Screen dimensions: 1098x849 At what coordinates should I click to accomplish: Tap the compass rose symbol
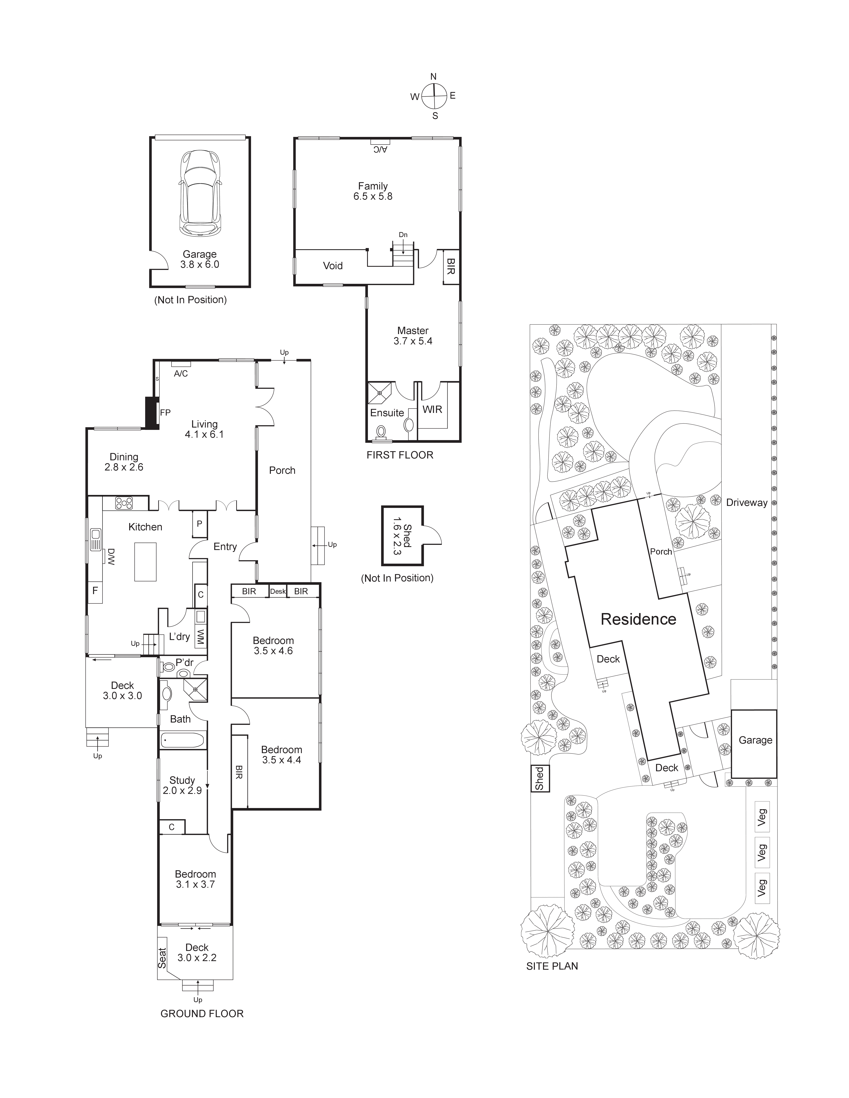(x=433, y=95)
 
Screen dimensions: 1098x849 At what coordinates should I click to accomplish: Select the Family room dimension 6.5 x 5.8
(x=373, y=197)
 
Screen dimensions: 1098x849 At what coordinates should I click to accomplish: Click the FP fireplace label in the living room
(x=165, y=413)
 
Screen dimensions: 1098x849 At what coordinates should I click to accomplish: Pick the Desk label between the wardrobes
(x=278, y=591)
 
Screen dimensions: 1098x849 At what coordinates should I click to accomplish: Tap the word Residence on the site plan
(x=638, y=619)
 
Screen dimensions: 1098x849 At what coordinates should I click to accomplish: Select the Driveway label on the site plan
(x=746, y=502)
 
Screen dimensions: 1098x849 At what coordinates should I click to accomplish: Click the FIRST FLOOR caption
(x=399, y=455)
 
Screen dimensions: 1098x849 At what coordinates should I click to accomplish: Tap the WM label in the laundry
(x=201, y=637)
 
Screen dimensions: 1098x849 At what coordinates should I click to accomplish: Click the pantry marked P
(x=199, y=524)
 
